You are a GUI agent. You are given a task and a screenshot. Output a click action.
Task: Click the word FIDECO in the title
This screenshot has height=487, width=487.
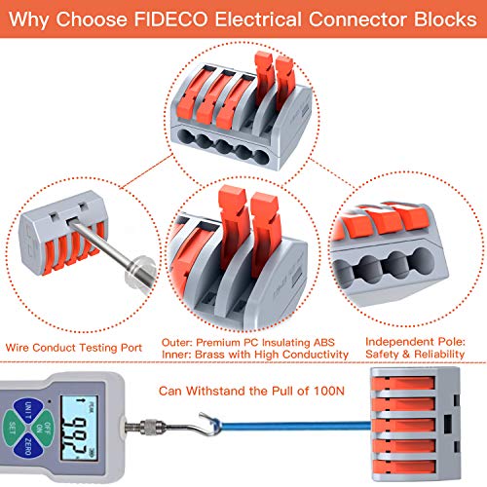click(x=170, y=19)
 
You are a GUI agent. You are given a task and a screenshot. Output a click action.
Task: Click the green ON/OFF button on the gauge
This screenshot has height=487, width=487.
click(x=44, y=429)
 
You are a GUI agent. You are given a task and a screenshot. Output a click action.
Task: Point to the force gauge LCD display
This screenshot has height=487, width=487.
click(x=79, y=429)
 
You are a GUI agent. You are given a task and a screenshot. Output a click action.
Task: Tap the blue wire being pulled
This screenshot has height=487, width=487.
click(x=294, y=425)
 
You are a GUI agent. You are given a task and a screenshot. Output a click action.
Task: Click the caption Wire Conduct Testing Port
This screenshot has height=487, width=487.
click(x=74, y=348)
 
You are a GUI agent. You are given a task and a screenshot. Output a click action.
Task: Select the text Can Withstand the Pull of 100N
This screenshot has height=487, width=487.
click(x=251, y=391)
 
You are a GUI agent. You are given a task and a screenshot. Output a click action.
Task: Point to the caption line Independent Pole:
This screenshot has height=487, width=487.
click(x=415, y=342)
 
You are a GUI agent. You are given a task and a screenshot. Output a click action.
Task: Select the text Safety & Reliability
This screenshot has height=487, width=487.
click(x=415, y=354)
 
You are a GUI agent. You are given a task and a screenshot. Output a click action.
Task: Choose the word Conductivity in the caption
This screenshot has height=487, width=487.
click(x=316, y=355)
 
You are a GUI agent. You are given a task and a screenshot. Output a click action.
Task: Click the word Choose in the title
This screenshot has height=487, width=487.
click(x=92, y=19)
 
